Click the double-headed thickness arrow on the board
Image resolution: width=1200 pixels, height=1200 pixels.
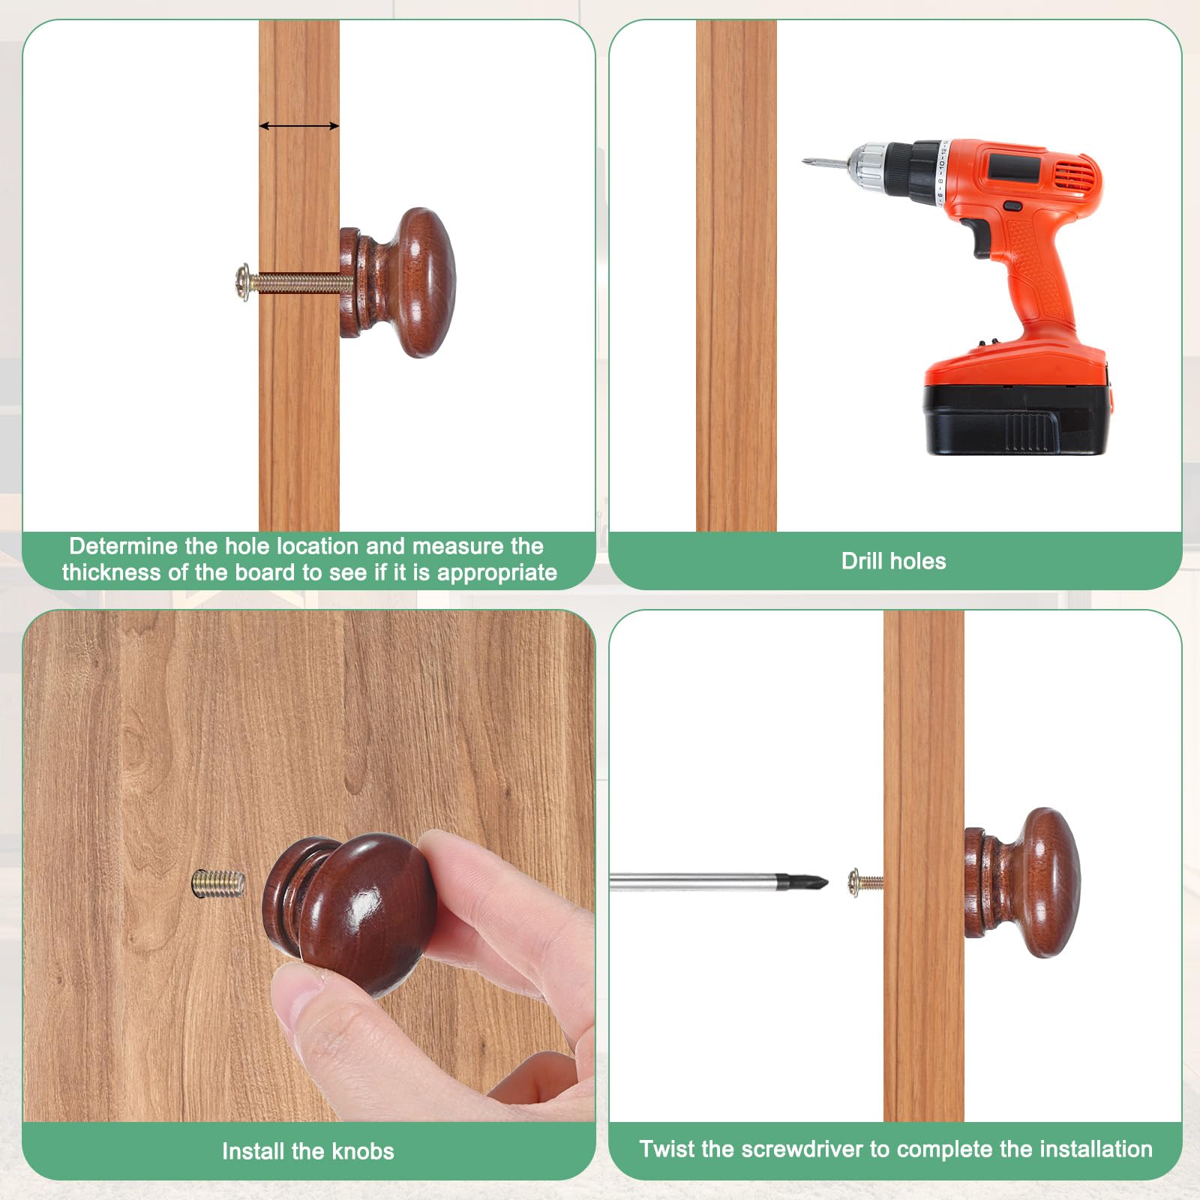point(299,126)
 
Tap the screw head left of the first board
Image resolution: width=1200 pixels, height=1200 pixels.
point(243,283)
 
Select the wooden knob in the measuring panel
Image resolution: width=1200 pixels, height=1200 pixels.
point(397,283)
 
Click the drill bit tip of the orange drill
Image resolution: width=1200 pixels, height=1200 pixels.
point(804,160)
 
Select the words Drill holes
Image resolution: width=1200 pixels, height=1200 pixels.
point(893,561)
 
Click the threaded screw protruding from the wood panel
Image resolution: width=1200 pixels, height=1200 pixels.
point(218,882)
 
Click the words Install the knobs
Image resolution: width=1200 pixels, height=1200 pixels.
point(307,1151)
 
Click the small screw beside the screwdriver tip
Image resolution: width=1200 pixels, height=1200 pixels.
point(865,882)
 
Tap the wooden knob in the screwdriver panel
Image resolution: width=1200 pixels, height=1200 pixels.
point(1021,883)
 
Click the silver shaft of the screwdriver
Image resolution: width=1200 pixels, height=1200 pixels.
point(694,882)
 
